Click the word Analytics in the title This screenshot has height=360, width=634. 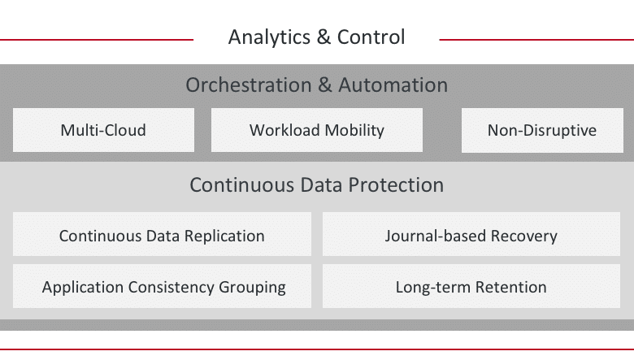point(269,37)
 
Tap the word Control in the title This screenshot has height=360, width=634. point(371,37)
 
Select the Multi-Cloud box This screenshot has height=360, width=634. point(103,130)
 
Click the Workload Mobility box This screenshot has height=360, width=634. point(317,130)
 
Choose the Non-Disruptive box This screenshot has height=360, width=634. point(542,130)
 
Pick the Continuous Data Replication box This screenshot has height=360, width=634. point(162,234)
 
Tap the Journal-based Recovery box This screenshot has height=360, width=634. point(471,234)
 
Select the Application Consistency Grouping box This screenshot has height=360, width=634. point(162,286)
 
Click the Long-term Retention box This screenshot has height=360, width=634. point(471,286)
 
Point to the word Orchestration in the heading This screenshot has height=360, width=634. point(249,85)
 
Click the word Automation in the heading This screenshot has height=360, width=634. point(393,85)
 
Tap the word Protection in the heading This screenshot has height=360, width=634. point(396,185)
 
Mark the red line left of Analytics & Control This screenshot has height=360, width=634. point(97,40)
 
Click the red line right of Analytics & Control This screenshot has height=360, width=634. point(536,40)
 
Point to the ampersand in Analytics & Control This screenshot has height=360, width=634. point(324,37)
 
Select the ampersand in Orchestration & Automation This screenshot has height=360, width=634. point(325,85)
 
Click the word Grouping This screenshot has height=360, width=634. point(252,288)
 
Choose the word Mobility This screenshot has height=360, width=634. point(354,131)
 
